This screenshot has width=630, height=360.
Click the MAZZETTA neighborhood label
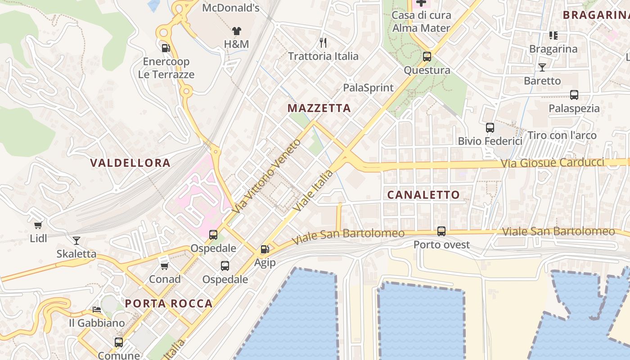(x=319, y=108)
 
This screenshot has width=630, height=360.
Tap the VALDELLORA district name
(x=130, y=163)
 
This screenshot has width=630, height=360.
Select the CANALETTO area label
(x=423, y=195)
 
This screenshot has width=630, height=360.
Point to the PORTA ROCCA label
(x=169, y=303)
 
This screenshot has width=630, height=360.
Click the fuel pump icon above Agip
(x=265, y=249)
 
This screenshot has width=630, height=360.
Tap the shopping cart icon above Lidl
(x=38, y=225)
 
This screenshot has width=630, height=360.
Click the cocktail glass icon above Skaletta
(x=76, y=240)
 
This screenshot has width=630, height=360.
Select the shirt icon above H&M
(x=236, y=31)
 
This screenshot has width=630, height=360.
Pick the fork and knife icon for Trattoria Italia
(x=323, y=43)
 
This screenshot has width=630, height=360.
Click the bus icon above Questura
(x=427, y=57)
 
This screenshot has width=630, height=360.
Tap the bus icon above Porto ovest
(x=441, y=231)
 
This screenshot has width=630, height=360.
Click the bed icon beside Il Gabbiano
(x=97, y=310)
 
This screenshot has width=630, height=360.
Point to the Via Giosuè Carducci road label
(x=553, y=162)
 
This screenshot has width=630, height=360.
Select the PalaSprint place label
(x=368, y=88)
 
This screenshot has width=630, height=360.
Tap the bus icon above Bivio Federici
(x=490, y=128)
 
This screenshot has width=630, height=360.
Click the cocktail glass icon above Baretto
(x=542, y=67)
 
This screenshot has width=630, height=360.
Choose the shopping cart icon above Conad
(x=165, y=266)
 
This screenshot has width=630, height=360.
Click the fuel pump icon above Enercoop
(x=166, y=48)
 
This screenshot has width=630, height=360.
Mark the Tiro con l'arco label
(x=562, y=135)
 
